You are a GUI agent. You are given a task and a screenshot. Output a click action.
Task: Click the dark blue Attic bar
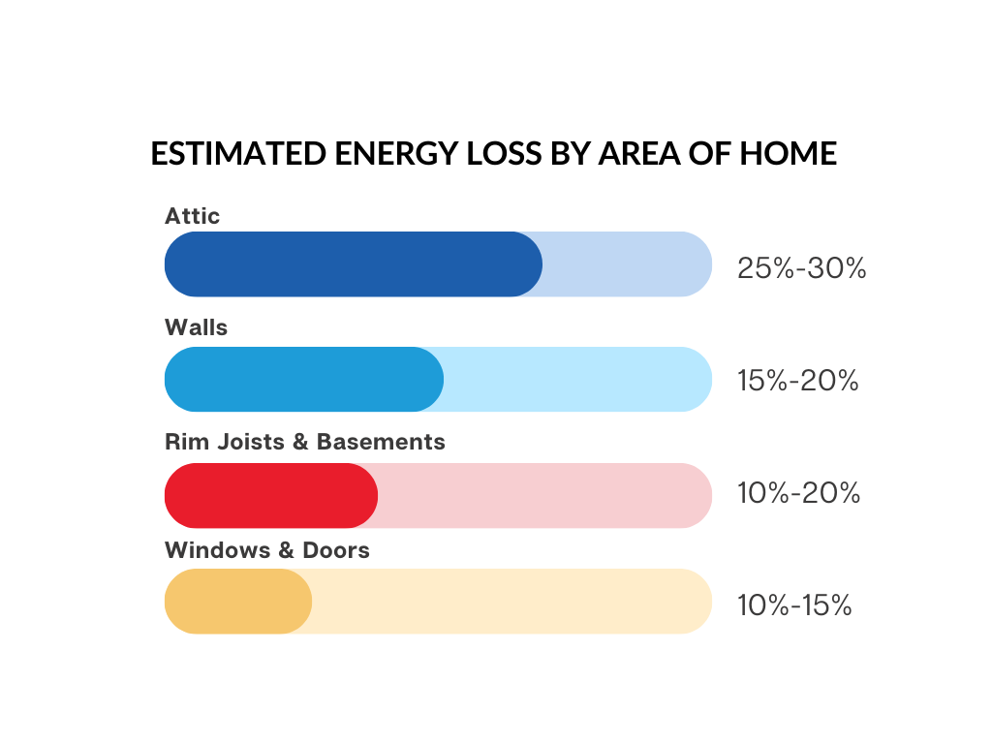click(353, 263)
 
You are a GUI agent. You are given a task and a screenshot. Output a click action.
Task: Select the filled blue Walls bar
click(303, 379)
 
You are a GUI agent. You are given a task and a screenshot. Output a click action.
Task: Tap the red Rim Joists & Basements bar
click(270, 495)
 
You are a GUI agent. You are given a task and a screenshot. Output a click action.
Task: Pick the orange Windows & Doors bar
click(237, 602)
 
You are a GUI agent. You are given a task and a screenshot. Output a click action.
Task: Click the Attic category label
click(192, 216)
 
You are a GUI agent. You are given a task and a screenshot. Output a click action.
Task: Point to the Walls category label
click(196, 327)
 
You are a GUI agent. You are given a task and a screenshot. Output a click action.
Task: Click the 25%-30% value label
click(801, 268)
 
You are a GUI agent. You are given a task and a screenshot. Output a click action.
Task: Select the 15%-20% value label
click(797, 381)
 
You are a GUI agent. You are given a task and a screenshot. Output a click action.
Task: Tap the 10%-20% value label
click(798, 493)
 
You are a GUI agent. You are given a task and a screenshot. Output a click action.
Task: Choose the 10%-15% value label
click(794, 605)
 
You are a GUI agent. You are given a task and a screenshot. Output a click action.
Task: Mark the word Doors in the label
click(336, 550)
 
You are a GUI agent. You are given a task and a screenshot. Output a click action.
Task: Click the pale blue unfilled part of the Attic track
click(626, 263)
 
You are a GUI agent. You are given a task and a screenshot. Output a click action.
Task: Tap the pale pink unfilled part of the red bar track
click(542, 495)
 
